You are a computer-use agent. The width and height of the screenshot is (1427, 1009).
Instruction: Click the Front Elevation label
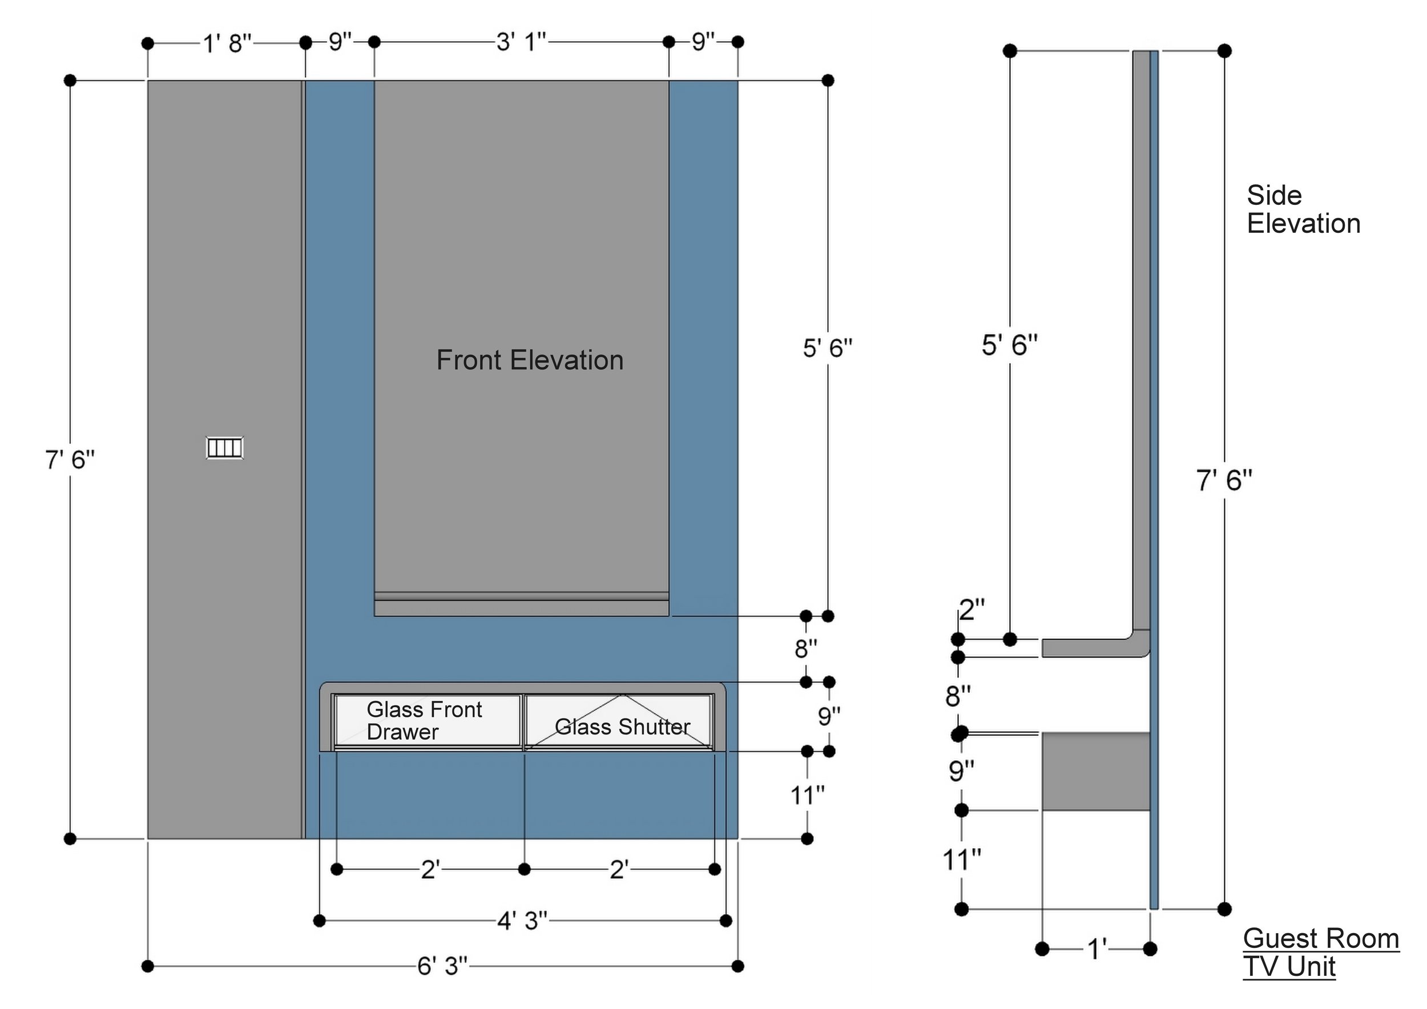[530, 360]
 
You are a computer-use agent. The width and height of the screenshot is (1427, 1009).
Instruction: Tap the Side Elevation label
[1303, 210]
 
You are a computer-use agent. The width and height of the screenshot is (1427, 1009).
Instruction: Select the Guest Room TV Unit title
[1321, 953]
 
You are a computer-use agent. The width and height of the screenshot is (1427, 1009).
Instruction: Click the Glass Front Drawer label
[424, 721]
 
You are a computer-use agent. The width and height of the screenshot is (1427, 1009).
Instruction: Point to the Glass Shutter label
[622, 727]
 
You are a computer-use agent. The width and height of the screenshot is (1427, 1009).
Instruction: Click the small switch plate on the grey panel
[224, 448]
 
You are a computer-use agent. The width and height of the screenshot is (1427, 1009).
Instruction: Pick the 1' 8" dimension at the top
[228, 44]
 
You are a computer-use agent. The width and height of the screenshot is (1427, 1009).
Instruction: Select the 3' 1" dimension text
[521, 42]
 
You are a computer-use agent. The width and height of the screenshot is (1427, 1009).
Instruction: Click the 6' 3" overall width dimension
[442, 966]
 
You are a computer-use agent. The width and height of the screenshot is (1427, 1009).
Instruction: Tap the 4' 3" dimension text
[522, 920]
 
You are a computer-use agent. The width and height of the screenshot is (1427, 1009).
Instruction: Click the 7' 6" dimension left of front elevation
[70, 461]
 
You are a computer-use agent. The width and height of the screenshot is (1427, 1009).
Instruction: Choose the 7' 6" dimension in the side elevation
[1224, 481]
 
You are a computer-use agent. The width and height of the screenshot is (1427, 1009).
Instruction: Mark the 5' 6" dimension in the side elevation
[1009, 345]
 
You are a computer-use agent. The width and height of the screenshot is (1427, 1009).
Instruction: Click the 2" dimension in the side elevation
[972, 611]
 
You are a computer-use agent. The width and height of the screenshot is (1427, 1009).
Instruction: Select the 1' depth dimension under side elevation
[1097, 949]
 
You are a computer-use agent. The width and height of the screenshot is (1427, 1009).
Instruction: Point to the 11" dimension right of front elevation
[807, 794]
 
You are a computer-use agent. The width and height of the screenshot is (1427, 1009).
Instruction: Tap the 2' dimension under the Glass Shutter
[619, 870]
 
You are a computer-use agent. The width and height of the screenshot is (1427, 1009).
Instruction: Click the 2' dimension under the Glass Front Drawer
[430, 870]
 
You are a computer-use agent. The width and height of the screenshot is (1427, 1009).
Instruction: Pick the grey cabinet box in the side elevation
[1096, 771]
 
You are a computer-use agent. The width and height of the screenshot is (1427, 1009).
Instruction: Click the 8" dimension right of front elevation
[805, 649]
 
